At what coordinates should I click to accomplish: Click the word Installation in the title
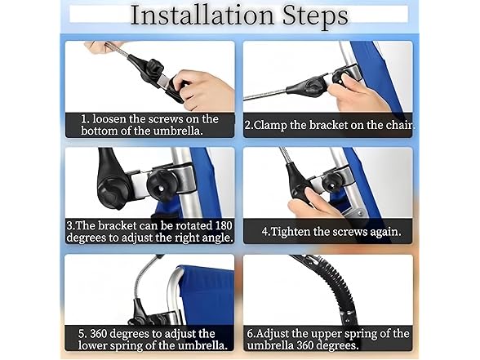pos(202,16)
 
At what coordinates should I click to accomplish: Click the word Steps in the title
pos(315,16)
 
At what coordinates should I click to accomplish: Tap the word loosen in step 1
pos(109,119)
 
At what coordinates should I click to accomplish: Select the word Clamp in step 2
pos(270,126)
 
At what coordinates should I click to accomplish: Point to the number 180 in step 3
pos(224,225)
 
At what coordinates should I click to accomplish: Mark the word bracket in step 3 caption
pos(118,226)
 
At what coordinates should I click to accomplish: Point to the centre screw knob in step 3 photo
pos(162,184)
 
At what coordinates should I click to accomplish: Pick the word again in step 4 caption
pos(385,233)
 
